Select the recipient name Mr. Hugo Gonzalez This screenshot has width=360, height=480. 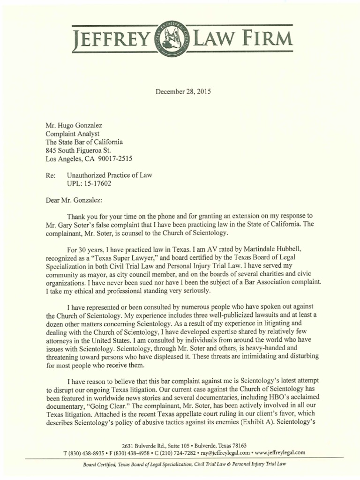click(74, 125)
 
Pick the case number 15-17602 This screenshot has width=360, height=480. click(96, 183)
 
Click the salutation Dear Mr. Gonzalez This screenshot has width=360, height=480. click(73, 200)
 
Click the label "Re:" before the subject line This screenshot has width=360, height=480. click(50, 175)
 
